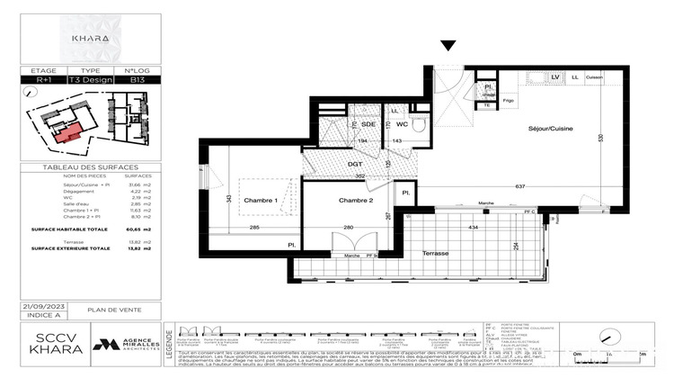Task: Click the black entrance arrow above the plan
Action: [x=448, y=47]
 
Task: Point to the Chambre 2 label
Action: [x=355, y=200]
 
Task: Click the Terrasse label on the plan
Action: [x=435, y=254]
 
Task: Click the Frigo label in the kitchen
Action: [x=509, y=100]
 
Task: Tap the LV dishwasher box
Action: [x=554, y=77]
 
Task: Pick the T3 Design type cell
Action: [x=91, y=79]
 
